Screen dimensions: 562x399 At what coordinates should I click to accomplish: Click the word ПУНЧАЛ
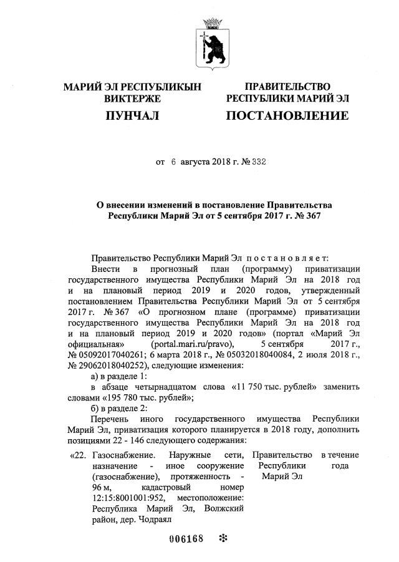coord(132,116)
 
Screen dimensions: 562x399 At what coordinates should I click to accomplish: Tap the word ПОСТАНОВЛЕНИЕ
coord(287,116)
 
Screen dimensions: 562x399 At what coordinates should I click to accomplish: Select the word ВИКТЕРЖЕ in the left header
coord(132,99)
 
